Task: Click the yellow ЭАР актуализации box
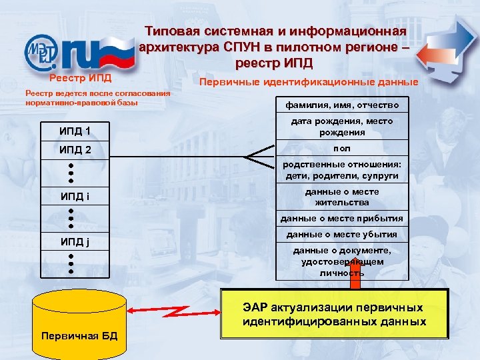pos(334,314)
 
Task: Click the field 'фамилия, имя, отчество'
pos(342,105)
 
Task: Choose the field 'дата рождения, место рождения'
pos(342,127)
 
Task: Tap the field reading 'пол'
pos(342,148)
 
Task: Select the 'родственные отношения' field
pos(342,170)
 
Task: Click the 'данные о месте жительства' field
pos(342,197)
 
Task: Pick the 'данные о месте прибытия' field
pos(342,218)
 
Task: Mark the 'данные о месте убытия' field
pos(342,234)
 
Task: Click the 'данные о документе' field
pos(342,260)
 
